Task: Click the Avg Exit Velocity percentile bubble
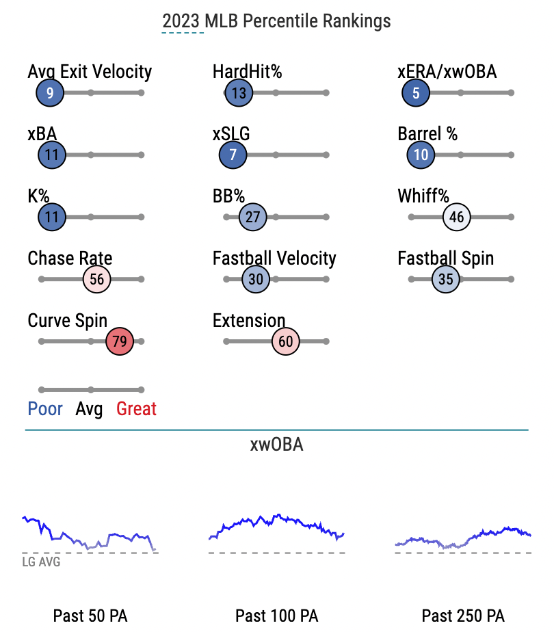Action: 50,93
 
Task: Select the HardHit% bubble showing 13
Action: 239,93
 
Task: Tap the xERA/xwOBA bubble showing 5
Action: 416,93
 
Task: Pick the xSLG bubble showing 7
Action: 233,155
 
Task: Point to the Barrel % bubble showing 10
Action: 421,155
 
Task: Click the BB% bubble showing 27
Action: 252,217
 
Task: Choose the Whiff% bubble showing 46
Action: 456,217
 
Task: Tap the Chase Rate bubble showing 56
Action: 96,279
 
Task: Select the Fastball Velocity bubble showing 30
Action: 256,279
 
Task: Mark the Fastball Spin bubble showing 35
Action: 446,279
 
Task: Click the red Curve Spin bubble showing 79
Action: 120,341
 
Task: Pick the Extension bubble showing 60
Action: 286,341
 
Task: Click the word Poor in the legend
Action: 45,409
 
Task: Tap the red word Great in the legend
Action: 136,409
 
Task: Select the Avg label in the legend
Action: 89,410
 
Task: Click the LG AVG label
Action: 41,562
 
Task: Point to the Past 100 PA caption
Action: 277,616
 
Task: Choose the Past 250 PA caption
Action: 463,616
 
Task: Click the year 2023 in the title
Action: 181,21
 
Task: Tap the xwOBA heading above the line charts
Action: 277,445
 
